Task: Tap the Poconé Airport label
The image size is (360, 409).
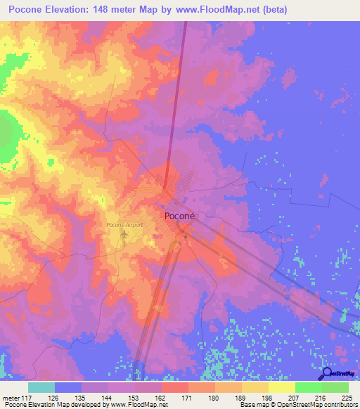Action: point(124,224)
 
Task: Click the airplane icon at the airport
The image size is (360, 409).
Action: point(124,233)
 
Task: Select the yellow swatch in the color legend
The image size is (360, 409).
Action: point(281,387)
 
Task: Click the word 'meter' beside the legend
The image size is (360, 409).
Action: point(11,397)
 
